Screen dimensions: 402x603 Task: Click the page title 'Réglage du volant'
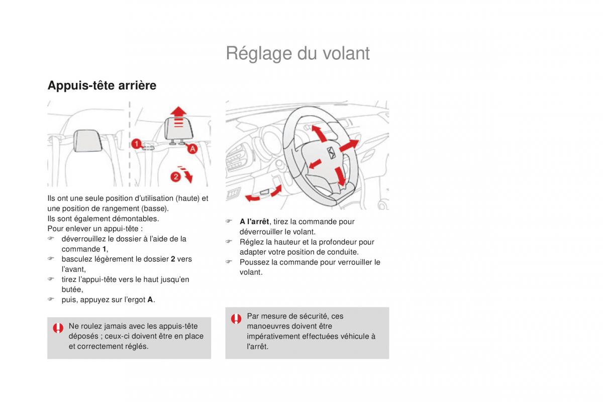coord(297,53)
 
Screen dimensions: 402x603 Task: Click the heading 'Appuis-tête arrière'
coord(102,85)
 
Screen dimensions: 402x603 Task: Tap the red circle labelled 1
coord(136,145)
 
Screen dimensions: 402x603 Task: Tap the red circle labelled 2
coord(176,176)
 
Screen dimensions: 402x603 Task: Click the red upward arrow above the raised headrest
coord(177,111)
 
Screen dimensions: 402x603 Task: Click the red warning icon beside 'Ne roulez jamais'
coord(58,329)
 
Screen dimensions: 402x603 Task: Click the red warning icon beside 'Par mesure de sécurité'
coord(236,319)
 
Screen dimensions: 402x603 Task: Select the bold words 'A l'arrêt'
coord(255,222)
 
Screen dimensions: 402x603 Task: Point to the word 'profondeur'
coord(334,242)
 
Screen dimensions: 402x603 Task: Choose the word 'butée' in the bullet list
coord(72,289)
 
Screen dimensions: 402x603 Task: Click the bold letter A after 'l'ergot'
coord(150,299)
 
